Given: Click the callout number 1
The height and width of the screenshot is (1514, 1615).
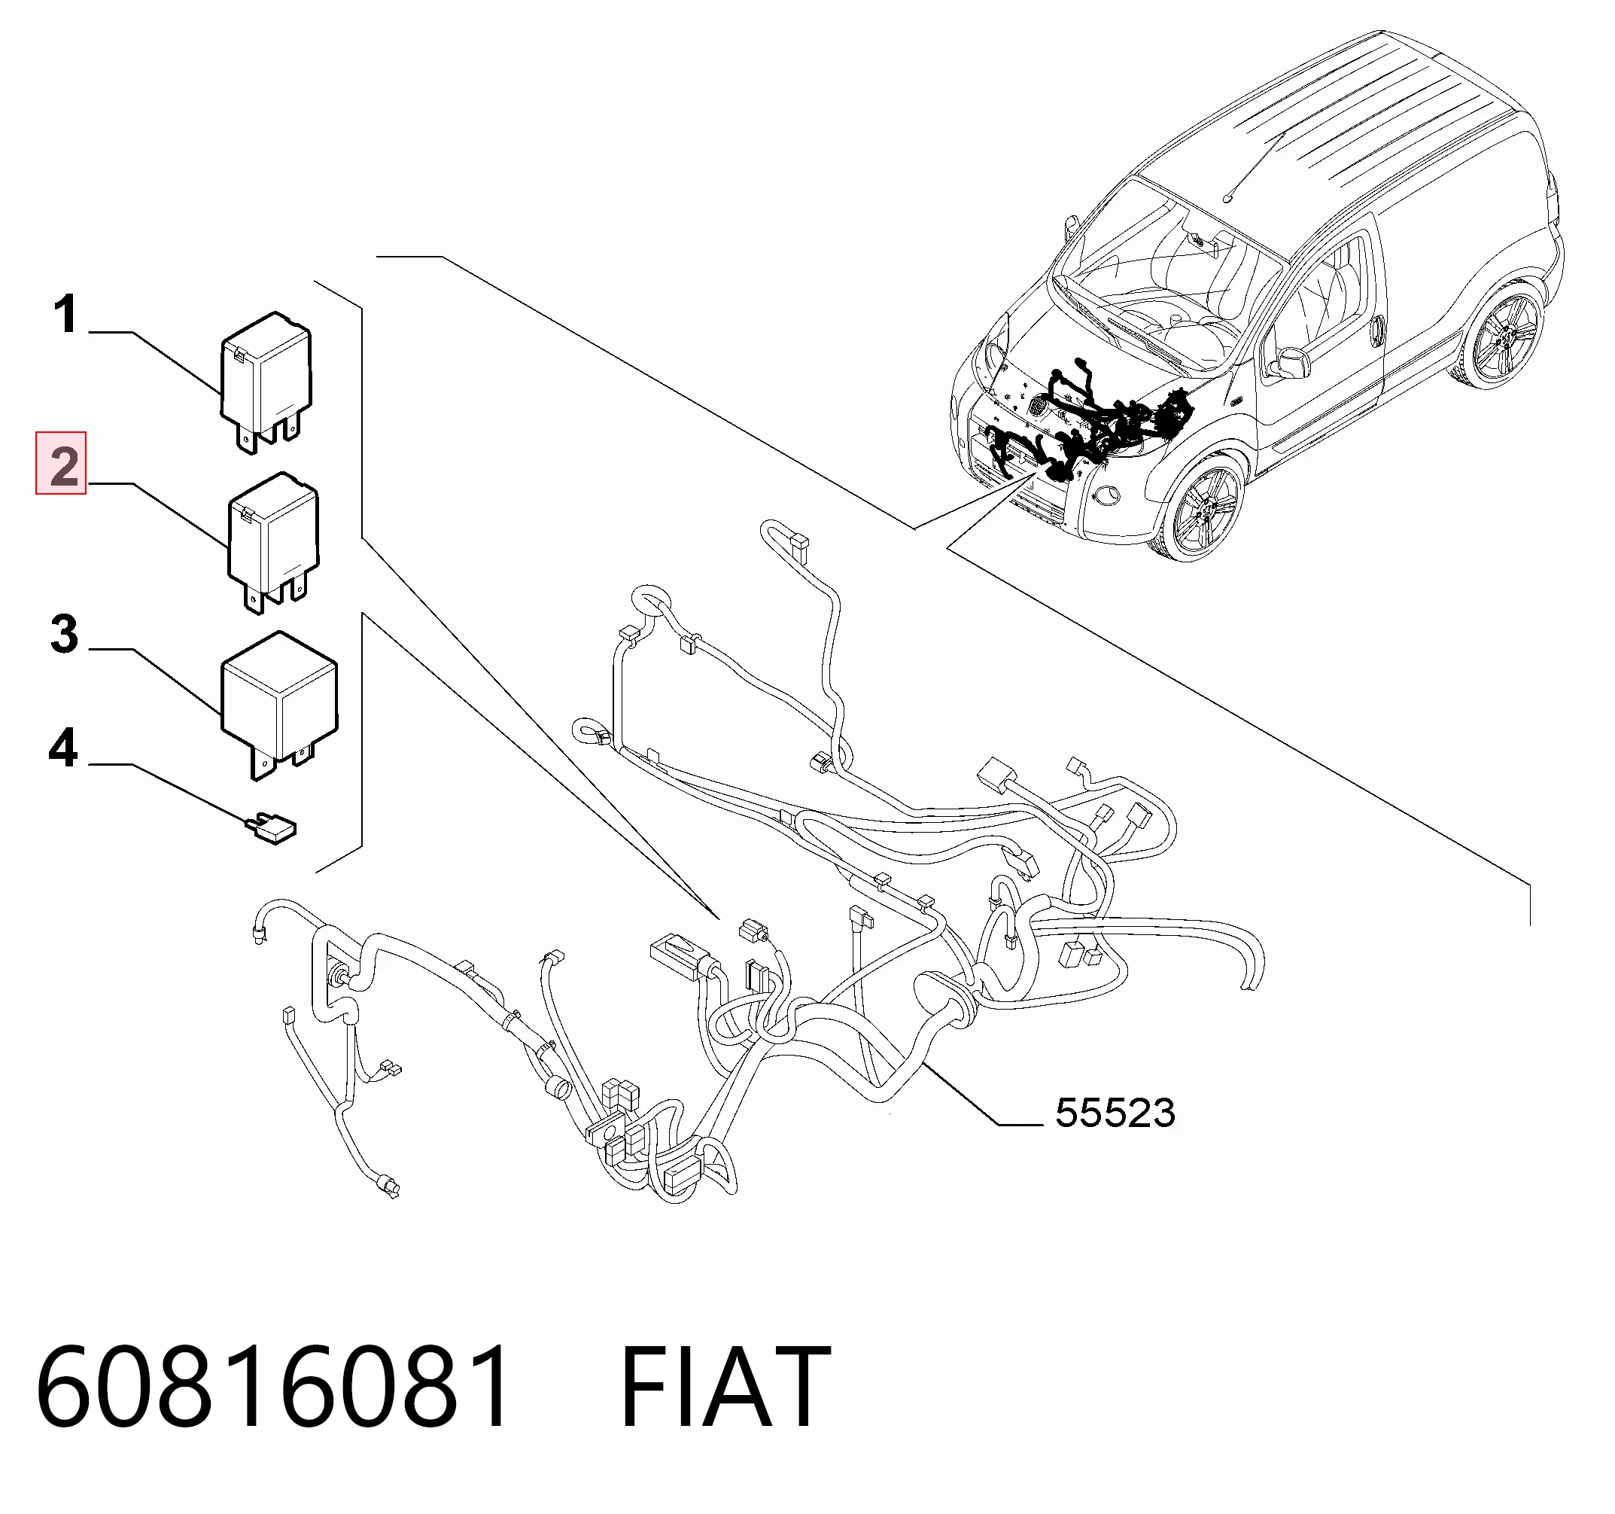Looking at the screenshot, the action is [65, 315].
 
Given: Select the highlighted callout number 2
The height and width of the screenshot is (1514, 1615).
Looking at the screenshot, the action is [62, 463].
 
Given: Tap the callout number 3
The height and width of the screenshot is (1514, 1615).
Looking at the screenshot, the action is [64, 634].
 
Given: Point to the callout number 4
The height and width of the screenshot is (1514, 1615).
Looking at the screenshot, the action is [63, 748].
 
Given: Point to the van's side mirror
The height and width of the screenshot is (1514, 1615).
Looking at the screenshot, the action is [1286, 364].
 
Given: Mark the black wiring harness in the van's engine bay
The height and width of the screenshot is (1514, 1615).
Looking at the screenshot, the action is [1088, 422].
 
